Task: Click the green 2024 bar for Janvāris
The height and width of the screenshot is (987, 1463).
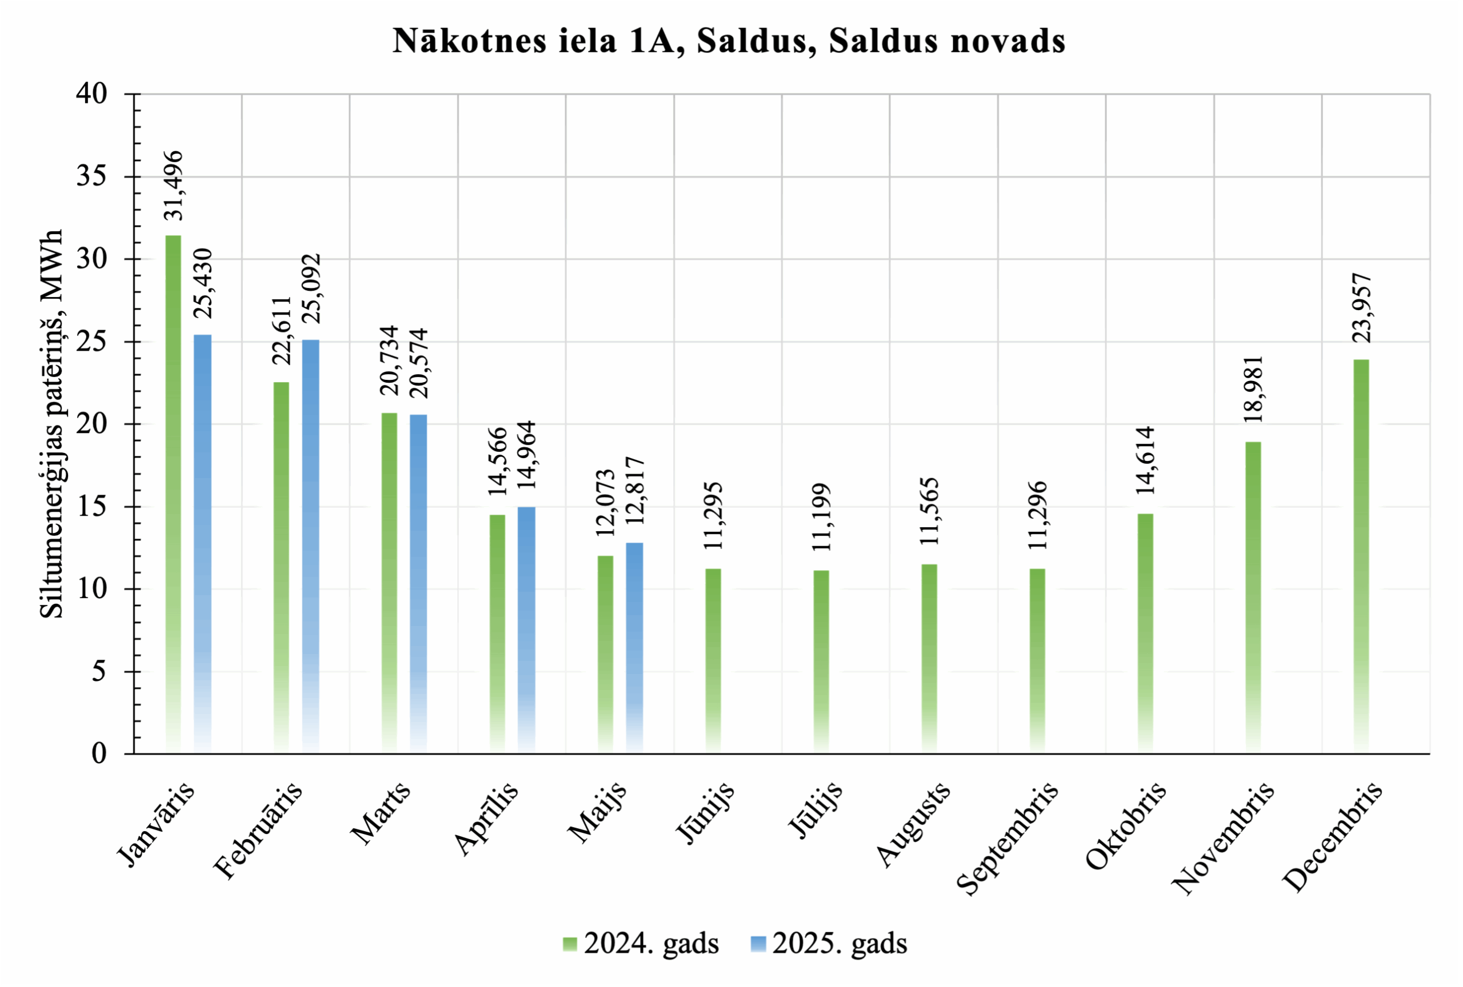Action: pyautogui.click(x=173, y=494)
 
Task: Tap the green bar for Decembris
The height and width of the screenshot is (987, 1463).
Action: pyautogui.click(x=1361, y=556)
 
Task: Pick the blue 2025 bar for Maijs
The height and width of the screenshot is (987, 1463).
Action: pyautogui.click(x=634, y=647)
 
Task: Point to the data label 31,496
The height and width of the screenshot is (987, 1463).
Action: pyautogui.click(x=173, y=186)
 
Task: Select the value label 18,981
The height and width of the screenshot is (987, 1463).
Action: pyautogui.click(x=1253, y=389)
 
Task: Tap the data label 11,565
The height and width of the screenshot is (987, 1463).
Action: pyautogui.click(x=929, y=511)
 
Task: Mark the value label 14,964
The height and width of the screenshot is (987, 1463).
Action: pyautogui.click(x=526, y=455)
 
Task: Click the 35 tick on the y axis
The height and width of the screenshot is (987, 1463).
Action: pyautogui.click(x=92, y=176)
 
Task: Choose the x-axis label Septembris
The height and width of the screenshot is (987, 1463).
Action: pyautogui.click(x=1007, y=838)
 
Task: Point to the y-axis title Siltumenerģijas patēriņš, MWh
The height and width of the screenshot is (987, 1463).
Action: pyautogui.click(x=51, y=423)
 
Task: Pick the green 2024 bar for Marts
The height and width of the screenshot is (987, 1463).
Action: pyautogui.click(x=390, y=583)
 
